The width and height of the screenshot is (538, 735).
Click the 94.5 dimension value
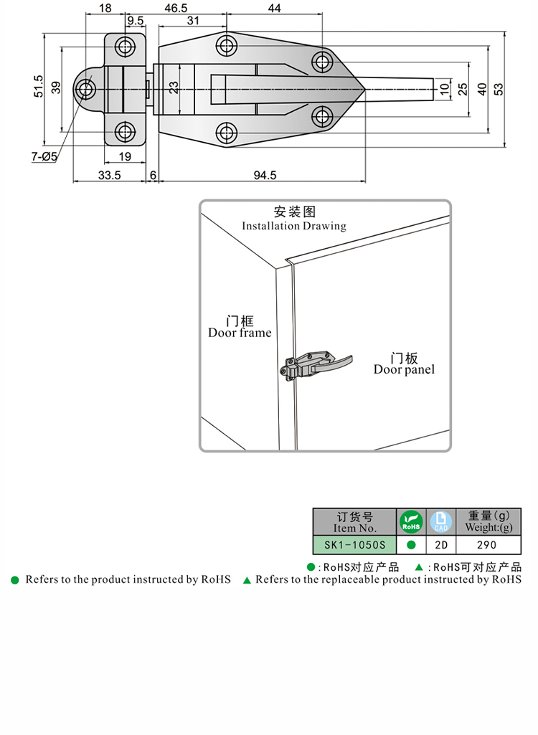pos(265,175)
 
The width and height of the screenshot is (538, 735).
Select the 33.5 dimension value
pos(109,175)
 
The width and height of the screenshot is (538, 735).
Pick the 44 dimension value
pos(273,9)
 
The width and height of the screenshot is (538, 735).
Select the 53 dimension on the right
pos(499,89)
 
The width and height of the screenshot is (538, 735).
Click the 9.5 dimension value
pos(135,22)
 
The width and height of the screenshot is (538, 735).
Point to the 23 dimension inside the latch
pos(173,88)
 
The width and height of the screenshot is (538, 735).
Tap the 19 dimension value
pos(124,156)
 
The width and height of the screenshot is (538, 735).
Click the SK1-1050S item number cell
pos(354,544)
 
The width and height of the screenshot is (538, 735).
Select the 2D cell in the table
pos(441,544)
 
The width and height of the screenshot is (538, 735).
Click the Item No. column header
pos(354,521)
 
